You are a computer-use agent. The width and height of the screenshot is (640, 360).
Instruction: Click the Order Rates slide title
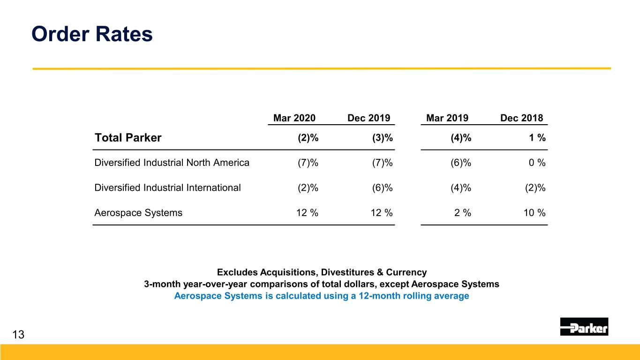click(92, 34)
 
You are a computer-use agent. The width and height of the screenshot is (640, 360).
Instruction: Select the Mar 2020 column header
click(294, 118)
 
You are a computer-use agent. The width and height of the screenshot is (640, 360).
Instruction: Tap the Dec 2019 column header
click(369, 118)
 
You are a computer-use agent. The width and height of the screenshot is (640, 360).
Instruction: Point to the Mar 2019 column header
click(447, 118)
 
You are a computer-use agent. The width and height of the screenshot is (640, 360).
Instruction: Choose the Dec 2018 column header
click(522, 118)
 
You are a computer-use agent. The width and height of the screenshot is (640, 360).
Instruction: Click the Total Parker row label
click(128, 138)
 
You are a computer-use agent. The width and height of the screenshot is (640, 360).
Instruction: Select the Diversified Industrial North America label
click(172, 163)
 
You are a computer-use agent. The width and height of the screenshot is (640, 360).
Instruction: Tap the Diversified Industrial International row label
click(167, 187)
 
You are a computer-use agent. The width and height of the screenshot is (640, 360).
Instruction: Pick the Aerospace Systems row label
click(138, 213)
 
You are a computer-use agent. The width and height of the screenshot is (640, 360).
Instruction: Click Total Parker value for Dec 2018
click(537, 138)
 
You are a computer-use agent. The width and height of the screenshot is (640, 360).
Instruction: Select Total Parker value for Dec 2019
click(382, 138)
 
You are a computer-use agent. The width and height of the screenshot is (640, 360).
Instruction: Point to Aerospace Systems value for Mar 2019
click(463, 213)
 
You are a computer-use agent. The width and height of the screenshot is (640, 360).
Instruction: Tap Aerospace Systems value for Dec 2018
click(535, 213)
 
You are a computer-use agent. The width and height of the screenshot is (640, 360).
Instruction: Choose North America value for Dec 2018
click(537, 163)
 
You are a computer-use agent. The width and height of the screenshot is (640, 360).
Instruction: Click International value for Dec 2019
click(382, 187)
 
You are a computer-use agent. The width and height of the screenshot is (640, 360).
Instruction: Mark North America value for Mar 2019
click(461, 163)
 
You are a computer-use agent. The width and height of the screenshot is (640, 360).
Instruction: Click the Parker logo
click(584, 326)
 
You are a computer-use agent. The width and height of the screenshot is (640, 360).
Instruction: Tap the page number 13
click(18, 335)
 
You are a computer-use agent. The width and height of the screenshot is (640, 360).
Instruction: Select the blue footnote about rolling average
click(322, 296)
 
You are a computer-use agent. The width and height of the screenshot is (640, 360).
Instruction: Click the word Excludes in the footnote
click(237, 272)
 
